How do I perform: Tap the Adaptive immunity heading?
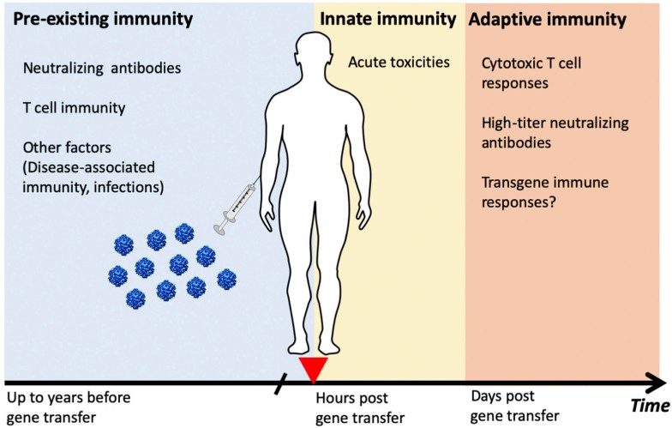pyautogui.click(x=547, y=18)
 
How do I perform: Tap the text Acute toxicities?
pyautogui.click(x=399, y=62)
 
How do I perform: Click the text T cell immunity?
pyautogui.click(x=75, y=108)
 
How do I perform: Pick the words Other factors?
pyautogui.click(x=67, y=147)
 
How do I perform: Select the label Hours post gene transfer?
pyautogui.click(x=352, y=408)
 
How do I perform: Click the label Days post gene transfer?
pyautogui.click(x=509, y=407)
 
